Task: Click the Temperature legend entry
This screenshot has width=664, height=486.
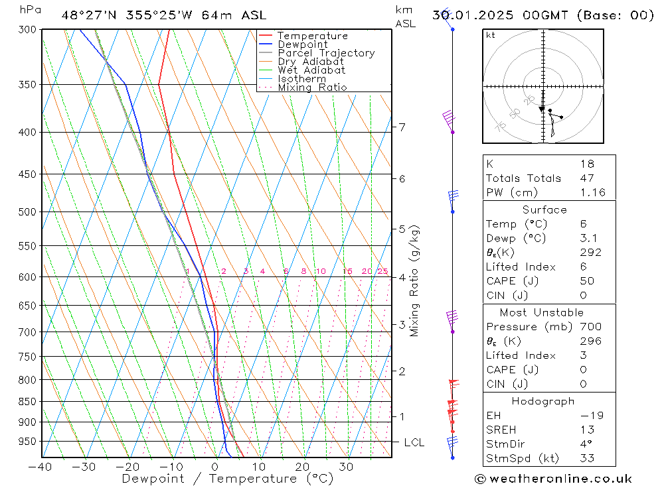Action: pos(312,36)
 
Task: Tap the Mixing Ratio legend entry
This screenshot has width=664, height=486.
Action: pos(312,87)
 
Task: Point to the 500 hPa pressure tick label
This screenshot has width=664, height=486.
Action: pos(27,212)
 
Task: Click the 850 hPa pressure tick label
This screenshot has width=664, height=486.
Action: pos(27,402)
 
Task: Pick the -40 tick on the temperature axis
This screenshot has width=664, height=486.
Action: pos(40,467)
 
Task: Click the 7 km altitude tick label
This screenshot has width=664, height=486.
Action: pos(402,127)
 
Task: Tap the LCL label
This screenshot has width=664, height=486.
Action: pos(414,442)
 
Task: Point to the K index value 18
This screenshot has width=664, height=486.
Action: pos(586,164)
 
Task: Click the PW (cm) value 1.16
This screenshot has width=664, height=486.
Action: pos(592,193)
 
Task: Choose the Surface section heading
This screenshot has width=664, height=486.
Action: pos(544,210)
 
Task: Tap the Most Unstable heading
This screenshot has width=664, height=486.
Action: pos(542,312)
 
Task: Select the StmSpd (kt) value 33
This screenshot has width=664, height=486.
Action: pos(587,458)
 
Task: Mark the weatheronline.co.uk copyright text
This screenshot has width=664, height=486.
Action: pos(554,479)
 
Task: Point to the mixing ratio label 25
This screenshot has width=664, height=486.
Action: pos(382,271)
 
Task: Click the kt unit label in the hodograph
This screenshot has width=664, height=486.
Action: pos(491,35)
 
